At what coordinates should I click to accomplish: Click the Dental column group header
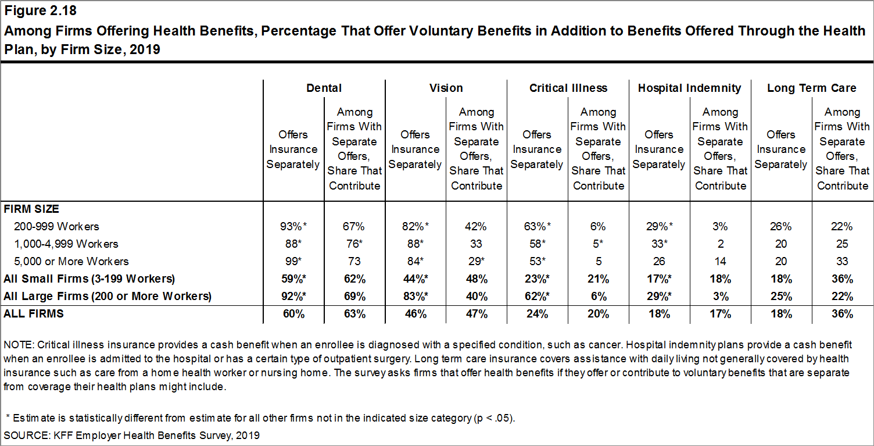(324, 88)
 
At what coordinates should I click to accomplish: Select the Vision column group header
(446, 88)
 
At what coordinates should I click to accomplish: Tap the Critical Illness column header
(568, 88)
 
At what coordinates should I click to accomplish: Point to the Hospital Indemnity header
(689, 88)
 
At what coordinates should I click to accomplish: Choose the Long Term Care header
(811, 88)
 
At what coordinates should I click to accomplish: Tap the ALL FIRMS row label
(34, 313)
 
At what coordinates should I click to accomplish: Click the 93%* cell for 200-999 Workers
(293, 226)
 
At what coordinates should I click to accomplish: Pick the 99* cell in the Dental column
(293, 261)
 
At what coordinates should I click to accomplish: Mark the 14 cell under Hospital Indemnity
(720, 261)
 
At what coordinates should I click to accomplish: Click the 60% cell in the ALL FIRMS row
(293, 314)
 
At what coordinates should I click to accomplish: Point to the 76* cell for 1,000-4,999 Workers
(354, 244)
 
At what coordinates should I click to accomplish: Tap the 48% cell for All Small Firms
(476, 279)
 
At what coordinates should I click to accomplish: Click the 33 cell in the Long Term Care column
(842, 261)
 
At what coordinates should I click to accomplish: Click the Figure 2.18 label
(40, 11)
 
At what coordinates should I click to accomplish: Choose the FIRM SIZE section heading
(31, 209)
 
